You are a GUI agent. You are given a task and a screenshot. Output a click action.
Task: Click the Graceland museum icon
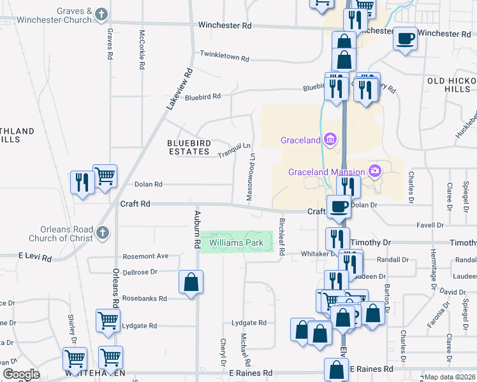[x=330, y=139]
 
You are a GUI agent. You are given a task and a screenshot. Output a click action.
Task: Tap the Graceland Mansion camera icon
[x=375, y=171]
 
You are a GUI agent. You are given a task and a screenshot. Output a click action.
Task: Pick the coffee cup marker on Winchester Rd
[x=405, y=38]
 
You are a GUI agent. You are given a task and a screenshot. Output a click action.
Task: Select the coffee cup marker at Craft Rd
[x=338, y=206]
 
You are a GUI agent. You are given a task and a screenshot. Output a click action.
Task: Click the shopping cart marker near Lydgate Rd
[x=107, y=320]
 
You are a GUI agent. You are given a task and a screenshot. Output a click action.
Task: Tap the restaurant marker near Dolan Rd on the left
[x=82, y=183]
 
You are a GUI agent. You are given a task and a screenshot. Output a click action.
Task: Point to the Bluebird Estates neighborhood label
[x=188, y=147]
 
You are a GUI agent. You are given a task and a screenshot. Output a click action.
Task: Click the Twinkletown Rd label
[x=224, y=57]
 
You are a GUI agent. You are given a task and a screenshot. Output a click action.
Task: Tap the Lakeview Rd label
[x=179, y=89]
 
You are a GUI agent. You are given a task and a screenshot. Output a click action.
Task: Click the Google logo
[x=20, y=374]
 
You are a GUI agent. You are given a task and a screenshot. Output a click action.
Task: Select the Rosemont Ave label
[x=145, y=256]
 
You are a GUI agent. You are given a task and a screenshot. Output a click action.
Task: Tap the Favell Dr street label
[x=430, y=225]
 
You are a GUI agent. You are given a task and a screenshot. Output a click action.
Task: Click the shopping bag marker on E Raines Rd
[x=336, y=369]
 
